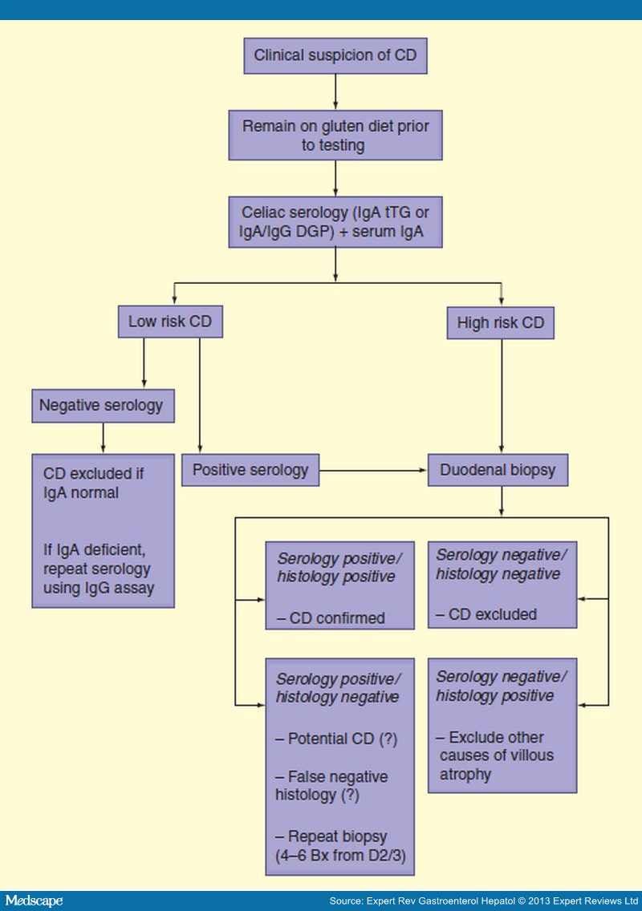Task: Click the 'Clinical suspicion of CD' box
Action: point(335,55)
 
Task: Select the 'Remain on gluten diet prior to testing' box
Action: point(335,136)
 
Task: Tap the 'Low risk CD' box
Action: point(170,322)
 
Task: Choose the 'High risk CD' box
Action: point(502,323)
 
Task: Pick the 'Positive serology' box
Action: point(250,470)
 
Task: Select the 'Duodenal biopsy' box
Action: point(498,470)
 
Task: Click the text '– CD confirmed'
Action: point(331,618)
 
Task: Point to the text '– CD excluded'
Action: point(486,615)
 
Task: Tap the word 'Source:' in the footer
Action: point(347,901)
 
